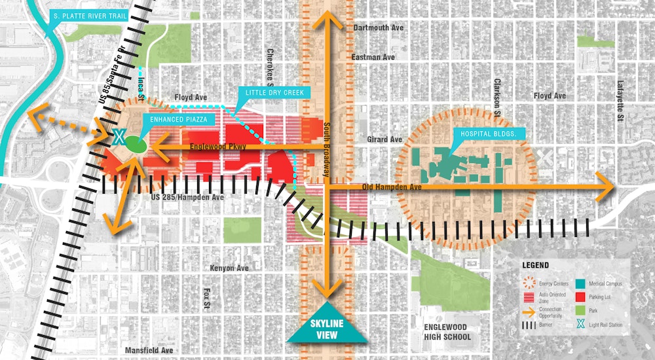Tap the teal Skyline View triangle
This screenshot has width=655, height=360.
click(327, 326)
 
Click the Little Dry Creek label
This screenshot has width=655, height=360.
click(274, 94)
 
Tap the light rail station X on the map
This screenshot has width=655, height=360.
click(119, 137)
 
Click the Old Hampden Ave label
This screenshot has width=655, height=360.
click(393, 187)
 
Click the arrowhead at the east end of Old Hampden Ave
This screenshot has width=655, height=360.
click(607, 187)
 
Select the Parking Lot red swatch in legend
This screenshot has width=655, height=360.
click(580, 296)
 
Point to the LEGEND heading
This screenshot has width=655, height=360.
click(536, 266)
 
